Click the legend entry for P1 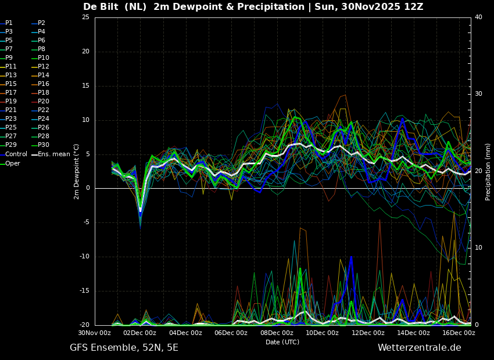(9, 23)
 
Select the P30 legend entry (44, 145)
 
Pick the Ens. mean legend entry (54, 154)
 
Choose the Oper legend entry (13, 164)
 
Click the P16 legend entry (44, 84)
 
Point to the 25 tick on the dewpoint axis (85, 17)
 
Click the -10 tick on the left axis (84, 257)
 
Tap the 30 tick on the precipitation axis (478, 94)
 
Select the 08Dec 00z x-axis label (277, 333)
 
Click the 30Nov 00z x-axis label (95, 333)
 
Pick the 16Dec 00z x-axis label (459, 333)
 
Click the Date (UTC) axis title (282, 343)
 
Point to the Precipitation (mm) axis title (488, 172)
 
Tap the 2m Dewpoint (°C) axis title (77, 171)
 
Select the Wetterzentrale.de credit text (419, 348)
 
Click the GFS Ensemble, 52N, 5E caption (124, 348)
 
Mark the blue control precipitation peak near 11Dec (351, 257)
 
